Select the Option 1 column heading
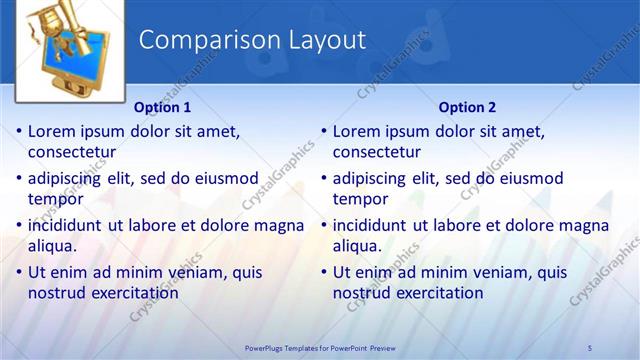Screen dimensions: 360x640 tap(162, 107)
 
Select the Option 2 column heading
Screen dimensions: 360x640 tap(467, 107)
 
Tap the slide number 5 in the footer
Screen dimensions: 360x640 tap(590, 347)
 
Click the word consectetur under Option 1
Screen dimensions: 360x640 tap(72, 153)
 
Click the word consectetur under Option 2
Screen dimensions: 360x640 tap(377, 153)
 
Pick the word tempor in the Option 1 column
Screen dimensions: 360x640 tap(54, 199)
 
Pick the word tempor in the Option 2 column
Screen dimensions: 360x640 tap(359, 199)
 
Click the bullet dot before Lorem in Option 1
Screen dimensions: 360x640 tap(19, 132)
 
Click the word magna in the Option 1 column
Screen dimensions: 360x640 tap(280, 225)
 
